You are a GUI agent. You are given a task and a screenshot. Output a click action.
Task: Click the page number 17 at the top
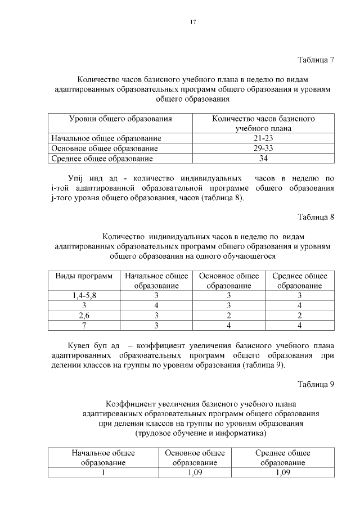coord(192,22)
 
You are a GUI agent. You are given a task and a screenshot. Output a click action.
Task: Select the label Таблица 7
coord(316,60)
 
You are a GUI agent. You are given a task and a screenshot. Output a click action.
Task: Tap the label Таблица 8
coord(316,218)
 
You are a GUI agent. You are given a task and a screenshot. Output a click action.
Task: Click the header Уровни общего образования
coord(120,119)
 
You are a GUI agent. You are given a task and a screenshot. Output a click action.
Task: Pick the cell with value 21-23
coord(263,138)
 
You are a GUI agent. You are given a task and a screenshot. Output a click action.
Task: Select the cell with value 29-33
coord(263,148)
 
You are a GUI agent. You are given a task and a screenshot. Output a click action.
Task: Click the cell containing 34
coord(263,159)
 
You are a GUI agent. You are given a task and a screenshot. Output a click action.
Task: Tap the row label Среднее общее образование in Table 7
coord(102,159)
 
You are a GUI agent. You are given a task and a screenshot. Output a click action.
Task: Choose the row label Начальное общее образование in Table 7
coord(106,138)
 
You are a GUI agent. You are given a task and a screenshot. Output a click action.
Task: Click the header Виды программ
coord(84,276)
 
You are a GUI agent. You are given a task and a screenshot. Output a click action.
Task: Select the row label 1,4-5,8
coord(84,295)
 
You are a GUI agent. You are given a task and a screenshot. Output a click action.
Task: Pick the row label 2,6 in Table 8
coord(84,316)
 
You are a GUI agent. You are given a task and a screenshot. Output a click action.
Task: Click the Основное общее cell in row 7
coord(229,326)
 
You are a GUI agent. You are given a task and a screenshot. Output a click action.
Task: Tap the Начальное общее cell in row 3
coord(156,305)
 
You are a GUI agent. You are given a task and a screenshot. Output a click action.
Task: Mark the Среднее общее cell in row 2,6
coord(299,316)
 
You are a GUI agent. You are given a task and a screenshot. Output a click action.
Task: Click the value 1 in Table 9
coord(103,472)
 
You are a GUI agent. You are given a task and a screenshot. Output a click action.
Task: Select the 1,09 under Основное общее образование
coord(195,472)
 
